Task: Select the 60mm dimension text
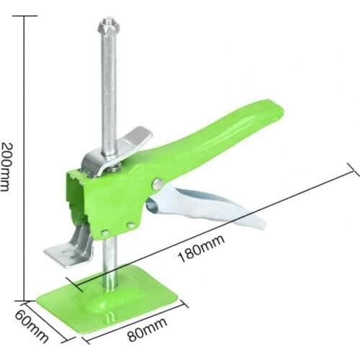click(34, 326)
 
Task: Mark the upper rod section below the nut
click(109, 86)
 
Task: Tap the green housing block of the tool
click(108, 194)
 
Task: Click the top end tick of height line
click(27, 14)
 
